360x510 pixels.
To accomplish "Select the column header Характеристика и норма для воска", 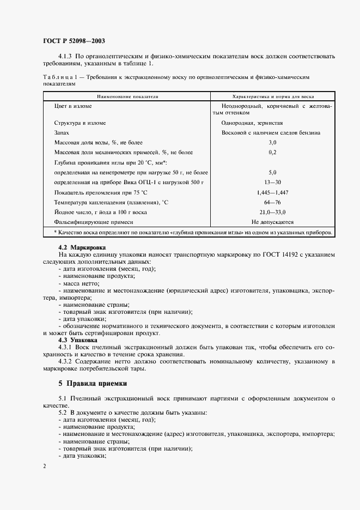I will [x=272, y=95].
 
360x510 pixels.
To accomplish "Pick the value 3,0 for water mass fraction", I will [x=272, y=142].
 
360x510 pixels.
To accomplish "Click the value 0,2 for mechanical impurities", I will [x=272, y=152].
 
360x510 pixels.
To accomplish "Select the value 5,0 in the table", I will [x=272, y=172].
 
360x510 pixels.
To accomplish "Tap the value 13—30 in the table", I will [x=272, y=181].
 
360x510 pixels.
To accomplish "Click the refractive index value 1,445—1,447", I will [x=272, y=192].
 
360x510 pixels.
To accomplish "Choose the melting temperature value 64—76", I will [x=272, y=202].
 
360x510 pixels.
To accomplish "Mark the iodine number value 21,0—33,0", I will [x=272, y=212].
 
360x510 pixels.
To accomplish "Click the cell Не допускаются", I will [x=272, y=222].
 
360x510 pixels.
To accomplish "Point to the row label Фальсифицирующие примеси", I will [x=94, y=222].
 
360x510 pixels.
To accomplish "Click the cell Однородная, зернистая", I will [x=252, y=123].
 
